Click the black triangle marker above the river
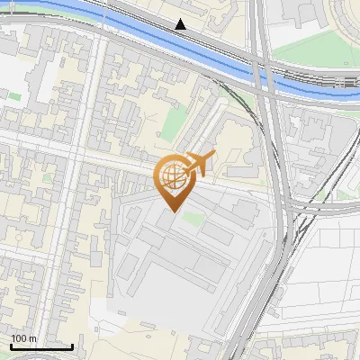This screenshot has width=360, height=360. [181, 24]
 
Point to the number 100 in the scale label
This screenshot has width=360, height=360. [20, 338]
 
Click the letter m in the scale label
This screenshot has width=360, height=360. [33, 338]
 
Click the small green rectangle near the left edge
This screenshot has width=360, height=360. [15, 94]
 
